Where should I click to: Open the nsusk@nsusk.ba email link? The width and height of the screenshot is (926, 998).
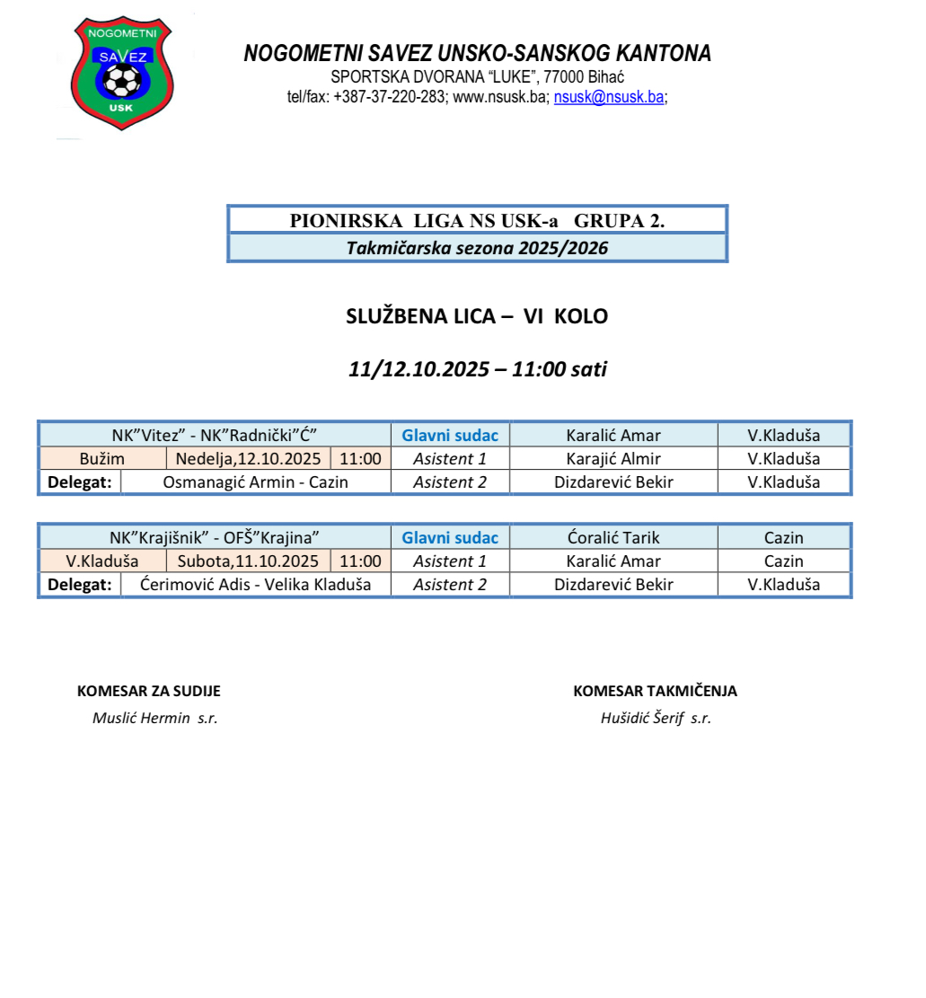(x=609, y=98)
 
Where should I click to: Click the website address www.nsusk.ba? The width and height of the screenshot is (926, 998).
(x=500, y=98)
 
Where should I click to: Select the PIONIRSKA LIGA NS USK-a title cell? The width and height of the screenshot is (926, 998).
(x=477, y=220)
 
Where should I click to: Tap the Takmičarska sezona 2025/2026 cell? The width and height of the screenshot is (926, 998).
(x=477, y=248)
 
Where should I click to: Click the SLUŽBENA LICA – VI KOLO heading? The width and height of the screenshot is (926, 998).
(x=477, y=316)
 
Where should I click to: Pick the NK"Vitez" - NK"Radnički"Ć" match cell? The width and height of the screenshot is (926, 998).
(x=215, y=436)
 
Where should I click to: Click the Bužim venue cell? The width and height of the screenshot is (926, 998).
(x=102, y=459)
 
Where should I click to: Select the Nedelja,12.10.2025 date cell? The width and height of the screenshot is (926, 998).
(x=249, y=459)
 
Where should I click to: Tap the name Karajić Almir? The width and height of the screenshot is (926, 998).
(x=613, y=459)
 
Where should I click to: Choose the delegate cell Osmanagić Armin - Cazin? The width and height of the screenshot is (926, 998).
(x=255, y=482)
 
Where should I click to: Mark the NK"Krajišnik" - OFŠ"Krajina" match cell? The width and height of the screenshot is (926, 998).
(x=215, y=538)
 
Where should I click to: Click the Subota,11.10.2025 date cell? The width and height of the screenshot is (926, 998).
(x=249, y=561)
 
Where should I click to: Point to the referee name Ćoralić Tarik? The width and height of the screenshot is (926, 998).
(x=613, y=538)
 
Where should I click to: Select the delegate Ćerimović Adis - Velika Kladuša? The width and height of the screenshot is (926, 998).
(x=255, y=585)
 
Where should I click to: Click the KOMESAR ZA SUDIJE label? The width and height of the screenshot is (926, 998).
(x=149, y=691)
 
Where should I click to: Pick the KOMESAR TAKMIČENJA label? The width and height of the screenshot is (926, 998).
(x=655, y=691)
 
